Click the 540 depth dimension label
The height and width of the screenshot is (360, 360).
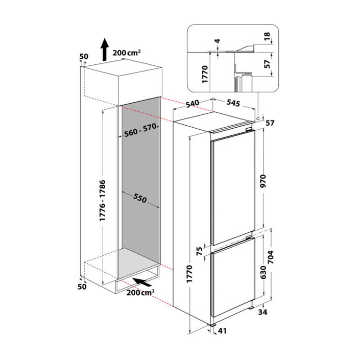pyautogui.click(x=192, y=104)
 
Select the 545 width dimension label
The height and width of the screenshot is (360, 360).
pyautogui.click(x=233, y=103)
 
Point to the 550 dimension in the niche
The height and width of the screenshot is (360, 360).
pyautogui.click(x=140, y=198)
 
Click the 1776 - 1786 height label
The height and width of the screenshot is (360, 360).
pyautogui.click(x=102, y=201)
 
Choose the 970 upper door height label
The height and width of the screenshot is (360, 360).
pyautogui.click(x=263, y=181)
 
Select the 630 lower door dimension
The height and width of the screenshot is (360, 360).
pyautogui.click(x=263, y=272)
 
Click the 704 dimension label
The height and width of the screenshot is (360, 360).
pyautogui.click(x=271, y=257)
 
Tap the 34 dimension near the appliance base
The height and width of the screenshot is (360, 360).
pyautogui.click(x=263, y=312)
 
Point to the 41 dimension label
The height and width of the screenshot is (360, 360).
pyautogui.click(x=222, y=331)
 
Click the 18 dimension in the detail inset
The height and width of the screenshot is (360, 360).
pyautogui.click(x=267, y=36)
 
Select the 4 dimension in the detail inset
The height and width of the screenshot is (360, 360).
pyautogui.click(x=217, y=41)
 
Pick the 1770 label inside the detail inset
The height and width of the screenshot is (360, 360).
pyautogui.click(x=204, y=74)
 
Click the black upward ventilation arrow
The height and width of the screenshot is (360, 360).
pyautogui.click(x=105, y=49)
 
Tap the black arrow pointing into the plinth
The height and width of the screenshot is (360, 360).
pyautogui.click(x=142, y=282)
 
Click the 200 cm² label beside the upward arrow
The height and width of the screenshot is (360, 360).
pyautogui.click(x=126, y=53)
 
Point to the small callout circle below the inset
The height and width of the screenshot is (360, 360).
pyautogui.click(x=258, y=119)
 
